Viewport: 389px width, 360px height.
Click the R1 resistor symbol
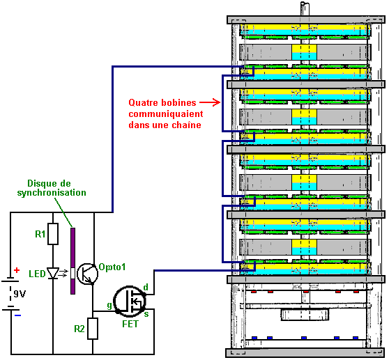tap(53, 234)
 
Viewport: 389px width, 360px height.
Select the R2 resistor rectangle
tap(93, 329)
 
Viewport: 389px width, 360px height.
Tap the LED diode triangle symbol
tap(53, 273)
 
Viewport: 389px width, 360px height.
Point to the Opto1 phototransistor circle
tap(88, 274)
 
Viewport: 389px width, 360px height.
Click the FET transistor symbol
tap(130, 301)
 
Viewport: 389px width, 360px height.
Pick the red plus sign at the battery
tap(17, 270)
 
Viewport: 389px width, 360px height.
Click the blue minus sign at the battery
tap(17, 315)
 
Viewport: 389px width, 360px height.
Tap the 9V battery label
tap(20, 294)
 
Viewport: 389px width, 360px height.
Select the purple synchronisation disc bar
tap(73, 261)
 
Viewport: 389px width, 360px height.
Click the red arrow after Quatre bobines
tap(210, 102)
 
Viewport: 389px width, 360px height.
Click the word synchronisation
tap(52, 193)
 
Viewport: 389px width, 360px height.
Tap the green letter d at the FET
tap(146, 287)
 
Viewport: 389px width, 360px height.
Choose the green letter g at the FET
tap(109, 305)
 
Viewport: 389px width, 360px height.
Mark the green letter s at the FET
tap(146, 314)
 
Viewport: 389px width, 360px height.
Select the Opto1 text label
tap(112, 267)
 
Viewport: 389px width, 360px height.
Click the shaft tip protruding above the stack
tap(305, 4)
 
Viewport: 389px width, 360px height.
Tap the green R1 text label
tap(40, 234)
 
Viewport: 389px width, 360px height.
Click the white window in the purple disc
tap(73, 273)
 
